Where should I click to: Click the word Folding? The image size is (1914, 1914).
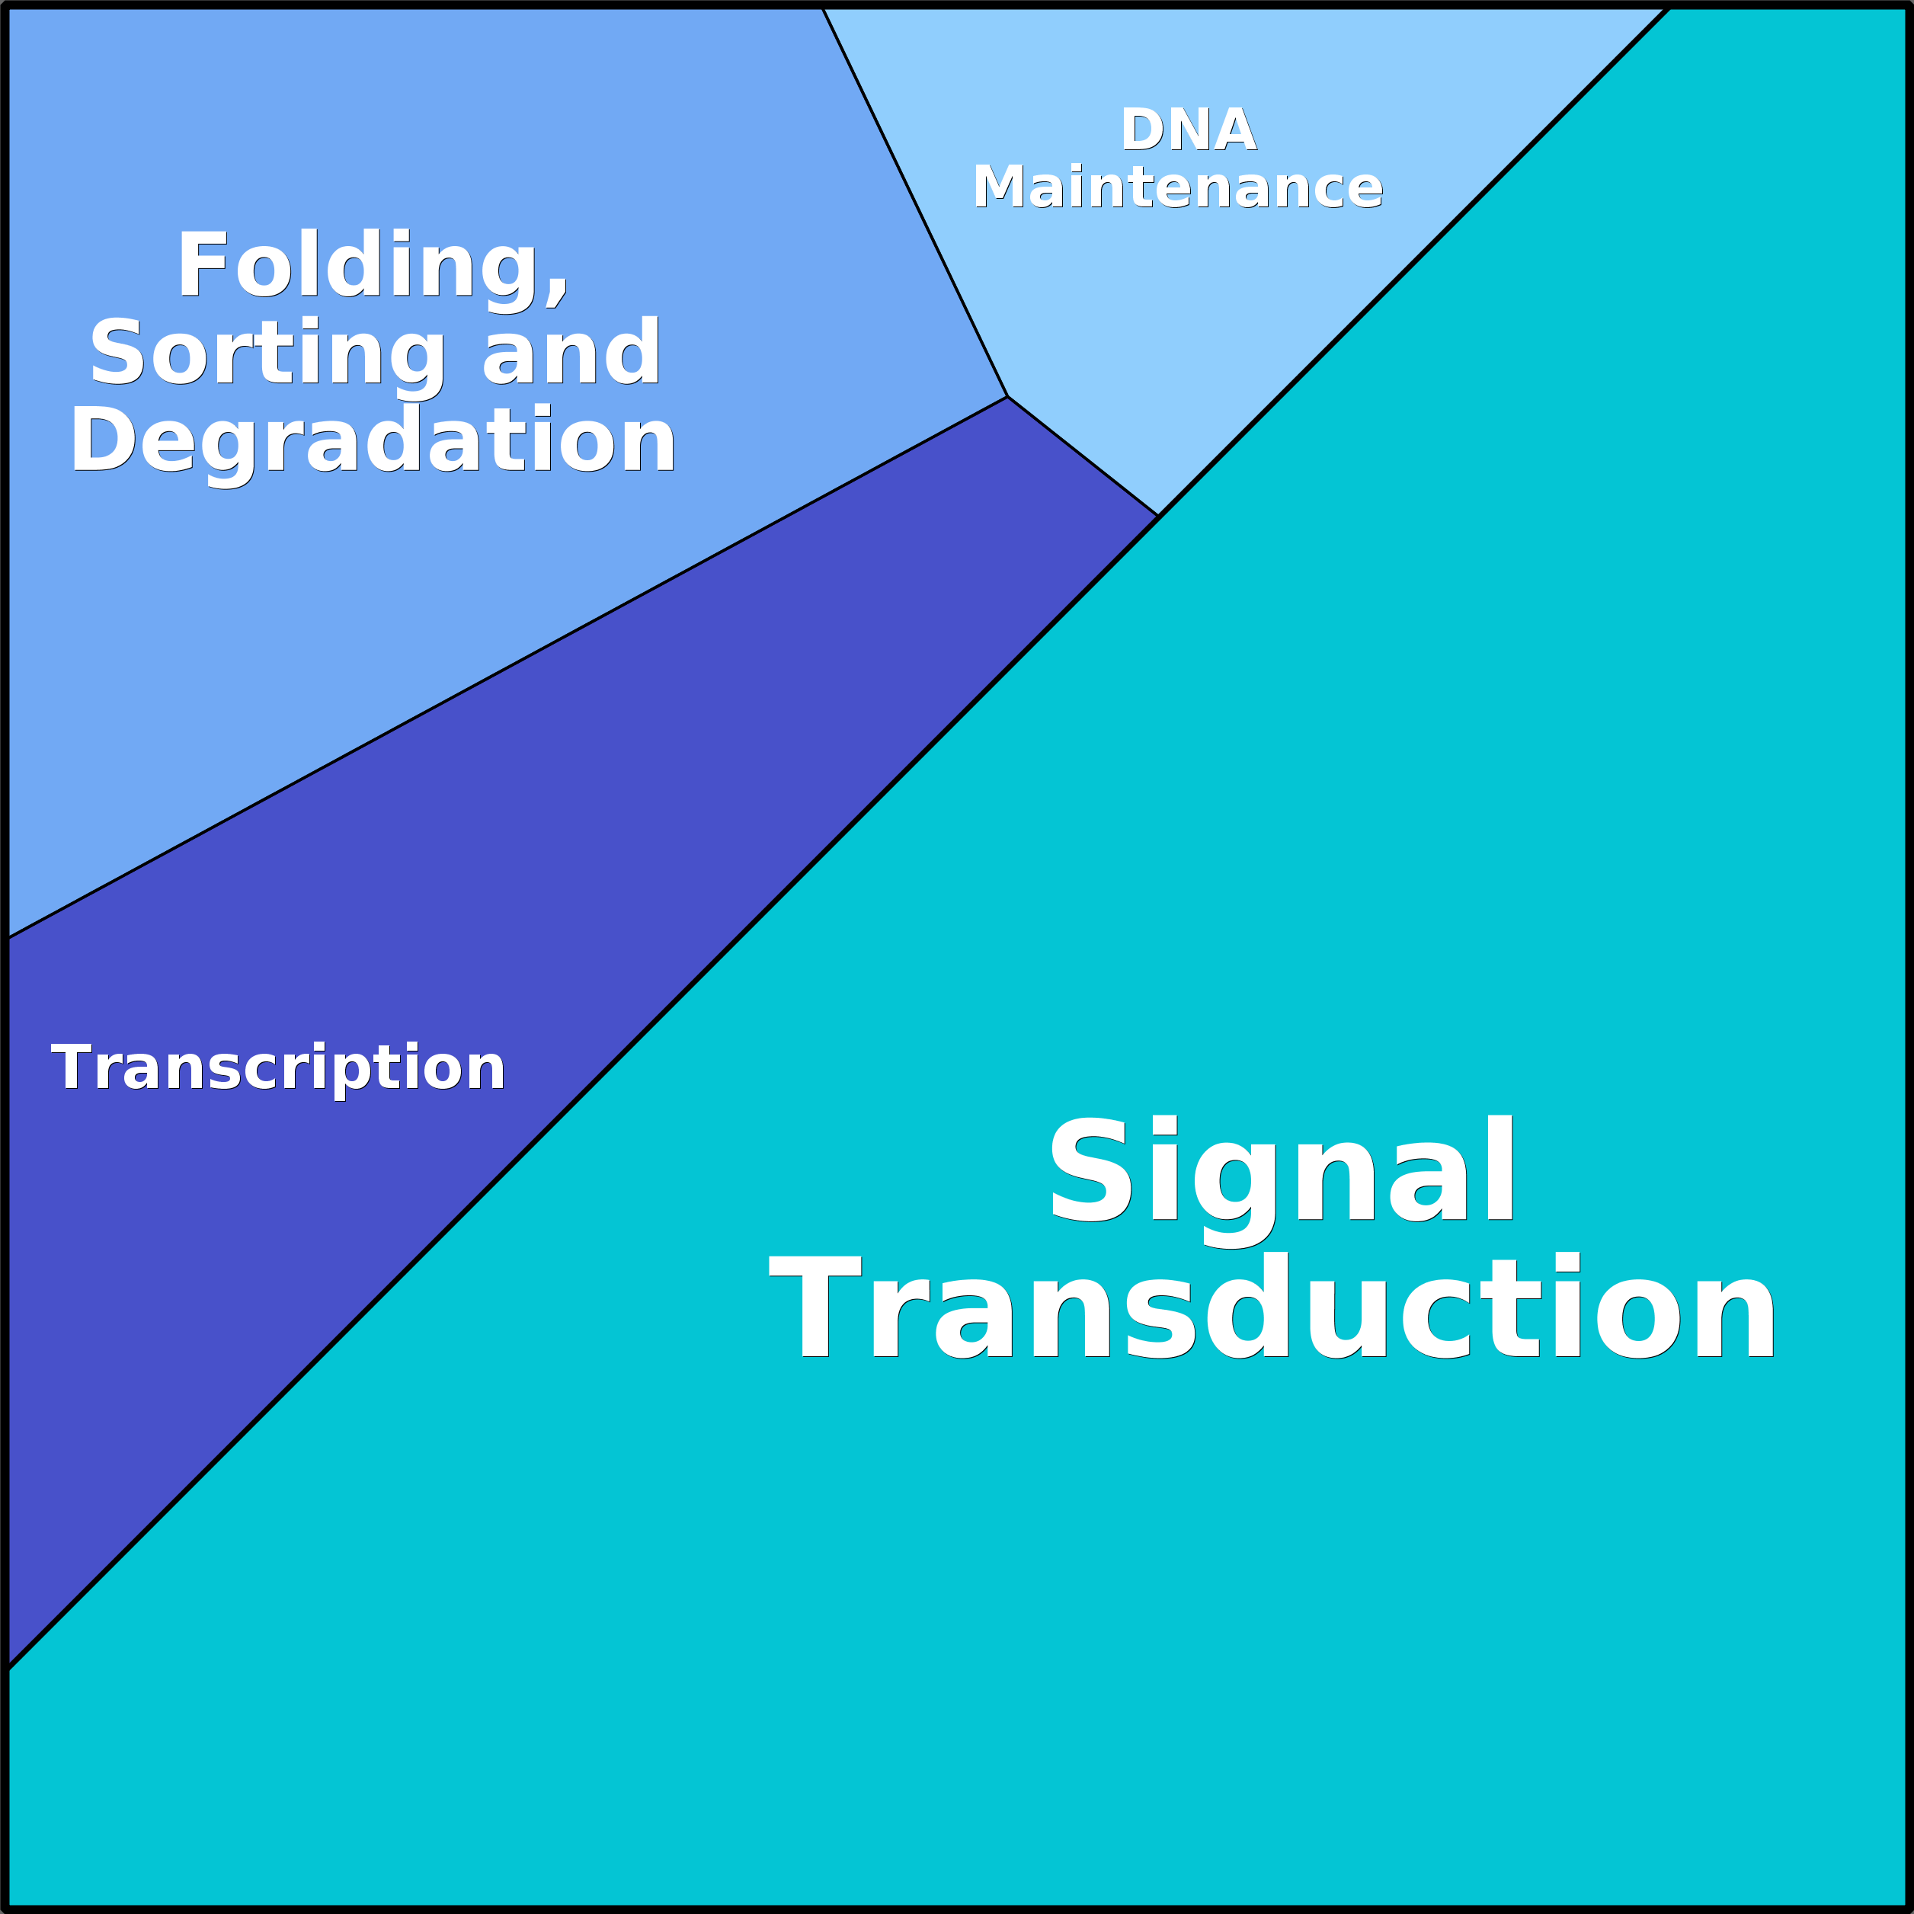pyautogui.click(x=373, y=265)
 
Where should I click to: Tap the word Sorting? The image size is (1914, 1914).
pyautogui.click(x=267, y=354)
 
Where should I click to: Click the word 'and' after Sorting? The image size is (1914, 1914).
pyautogui.click(x=571, y=354)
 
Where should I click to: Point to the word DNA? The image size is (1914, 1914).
pyautogui.click(x=1189, y=130)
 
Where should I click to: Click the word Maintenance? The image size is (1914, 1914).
pyautogui.click(x=1177, y=187)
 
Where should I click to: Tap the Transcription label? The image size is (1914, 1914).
pyautogui.click(x=278, y=1068)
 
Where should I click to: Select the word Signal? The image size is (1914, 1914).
pyautogui.click(x=1283, y=1171)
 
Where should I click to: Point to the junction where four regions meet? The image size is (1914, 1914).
pyautogui.click(x=1158, y=516)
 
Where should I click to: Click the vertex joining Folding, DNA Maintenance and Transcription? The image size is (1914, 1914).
pyautogui.click(x=1007, y=397)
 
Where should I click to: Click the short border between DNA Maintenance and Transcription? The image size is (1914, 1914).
pyautogui.click(x=1083, y=456)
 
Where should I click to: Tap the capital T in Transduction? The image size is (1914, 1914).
pyautogui.click(x=815, y=1307)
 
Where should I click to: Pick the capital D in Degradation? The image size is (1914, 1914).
pyautogui.click(x=102, y=440)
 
